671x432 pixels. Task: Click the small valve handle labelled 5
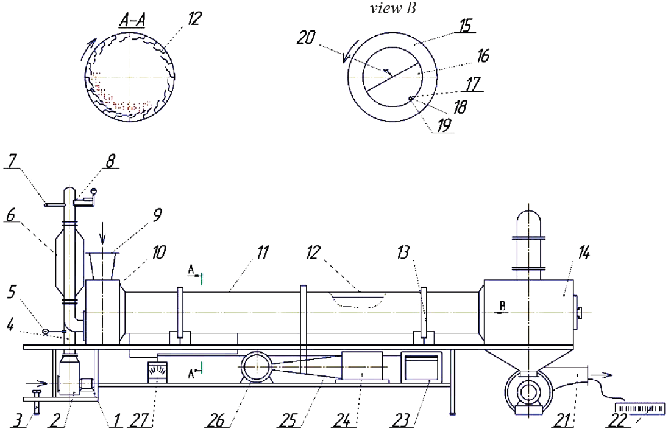46,331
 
